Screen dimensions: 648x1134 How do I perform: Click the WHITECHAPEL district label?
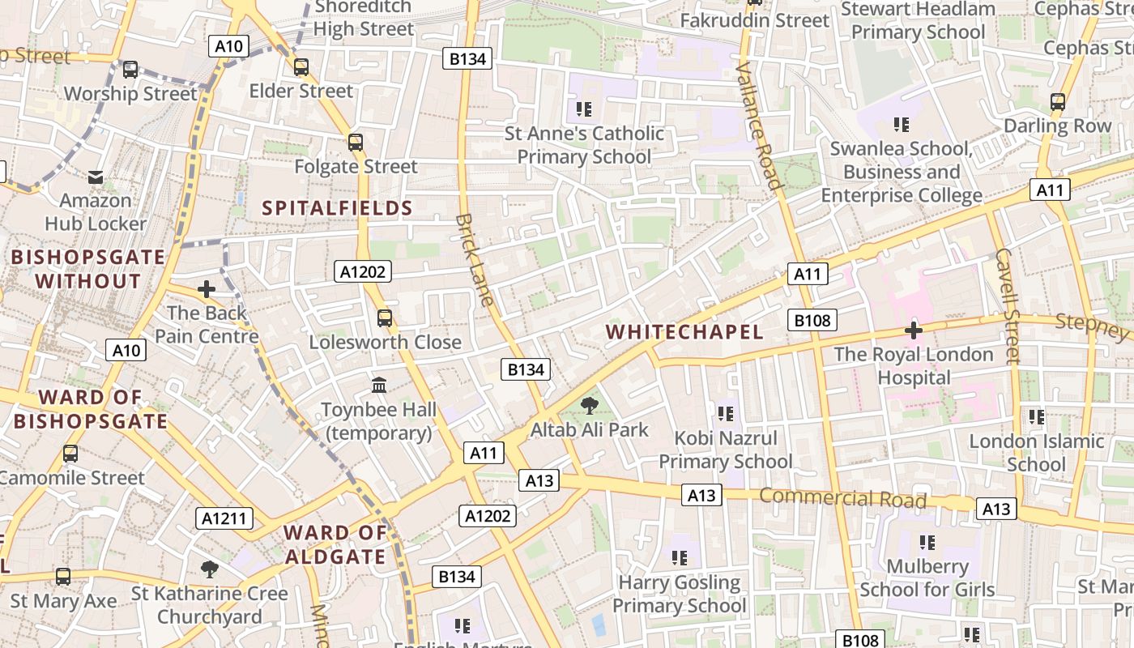coord(684,332)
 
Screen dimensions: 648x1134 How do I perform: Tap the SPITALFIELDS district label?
coord(337,208)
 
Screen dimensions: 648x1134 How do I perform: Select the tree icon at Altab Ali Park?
coord(590,405)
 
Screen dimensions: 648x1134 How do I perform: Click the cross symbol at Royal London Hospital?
coord(914,330)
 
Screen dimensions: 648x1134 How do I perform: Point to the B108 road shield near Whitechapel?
coord(812,320)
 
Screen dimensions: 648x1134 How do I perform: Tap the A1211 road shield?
coord(224,518)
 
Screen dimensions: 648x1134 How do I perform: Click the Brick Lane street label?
coord(475,259)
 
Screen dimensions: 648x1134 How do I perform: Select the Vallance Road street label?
coord(760,126)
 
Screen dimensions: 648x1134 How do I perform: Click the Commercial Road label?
coord(842,497)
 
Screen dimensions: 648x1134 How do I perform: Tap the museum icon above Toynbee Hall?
coord(378,385)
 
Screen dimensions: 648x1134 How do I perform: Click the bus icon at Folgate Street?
coord(355,143)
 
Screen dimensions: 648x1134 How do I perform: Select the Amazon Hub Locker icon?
coord(96,177)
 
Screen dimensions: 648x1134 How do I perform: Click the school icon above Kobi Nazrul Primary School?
coord(725,414)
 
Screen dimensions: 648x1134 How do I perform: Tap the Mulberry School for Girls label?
coord(927,578)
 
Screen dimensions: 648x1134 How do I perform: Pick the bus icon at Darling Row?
coord(1057,102)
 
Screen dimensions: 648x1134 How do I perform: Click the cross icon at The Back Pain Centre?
coord(207,288)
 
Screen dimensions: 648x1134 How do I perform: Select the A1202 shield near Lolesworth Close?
coord(362,271)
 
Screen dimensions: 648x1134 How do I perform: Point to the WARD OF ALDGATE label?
coord(335,544)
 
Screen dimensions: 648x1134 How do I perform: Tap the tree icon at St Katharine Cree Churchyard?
coord(210,569)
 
